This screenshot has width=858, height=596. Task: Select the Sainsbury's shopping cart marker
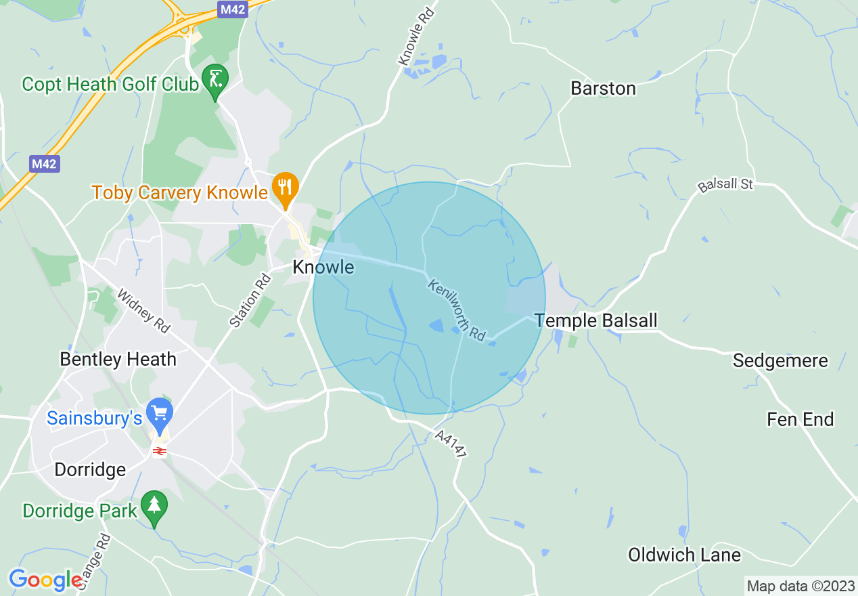tap(160, 414)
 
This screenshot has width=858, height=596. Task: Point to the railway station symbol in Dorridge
tap(160, 451)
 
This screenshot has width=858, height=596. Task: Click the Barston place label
tap(603, 89)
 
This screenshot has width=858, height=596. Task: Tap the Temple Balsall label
tap(595, 320)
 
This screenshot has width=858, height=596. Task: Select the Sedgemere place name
tap(780, 361)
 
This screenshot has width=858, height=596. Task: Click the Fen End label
tap(800, 420)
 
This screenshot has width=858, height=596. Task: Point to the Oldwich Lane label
tap(684, 555)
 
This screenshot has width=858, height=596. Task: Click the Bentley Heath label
tap(118, 359)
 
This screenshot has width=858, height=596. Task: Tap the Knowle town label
tap(323, 268)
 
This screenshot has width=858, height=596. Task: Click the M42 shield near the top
tap(233, 9)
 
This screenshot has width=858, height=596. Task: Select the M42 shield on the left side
tap(44, 164)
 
